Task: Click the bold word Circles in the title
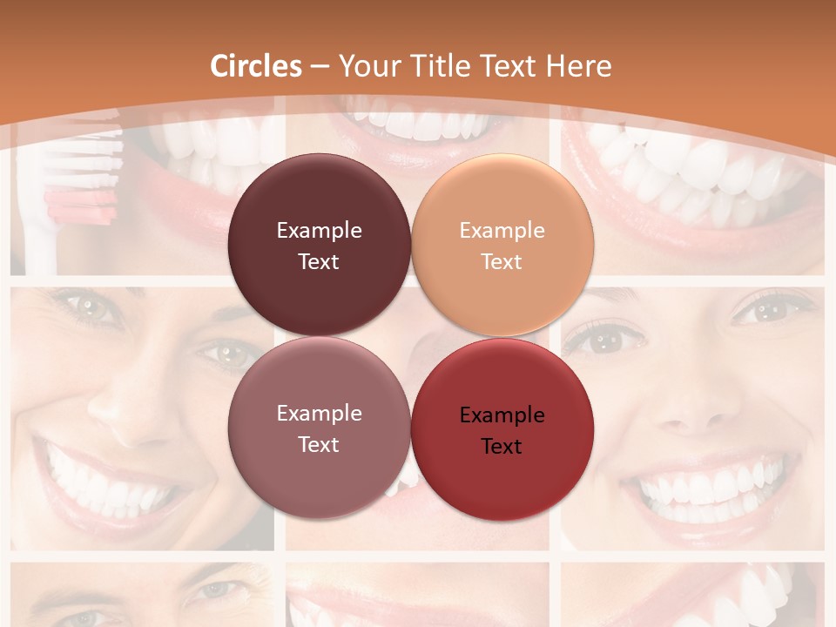coord(256,66)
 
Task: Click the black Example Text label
coord(502,430)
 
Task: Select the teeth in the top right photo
coord(697,174)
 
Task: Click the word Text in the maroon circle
coord(319,261)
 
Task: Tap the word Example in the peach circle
coord(502,231)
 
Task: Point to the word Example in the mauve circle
coord(319,414)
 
